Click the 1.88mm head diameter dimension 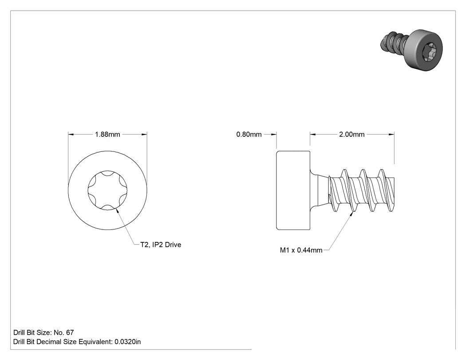107,135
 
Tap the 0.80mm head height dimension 249,135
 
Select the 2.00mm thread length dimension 352,135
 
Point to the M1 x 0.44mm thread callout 301,250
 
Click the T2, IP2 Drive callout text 161,245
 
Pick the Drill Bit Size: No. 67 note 43,332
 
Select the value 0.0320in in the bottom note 128,342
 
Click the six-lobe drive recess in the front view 107,190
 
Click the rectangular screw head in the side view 293,190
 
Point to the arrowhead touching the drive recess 117,210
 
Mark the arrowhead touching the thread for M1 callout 351,214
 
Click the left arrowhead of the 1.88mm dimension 71,135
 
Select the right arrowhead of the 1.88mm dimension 144,135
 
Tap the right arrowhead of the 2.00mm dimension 392,135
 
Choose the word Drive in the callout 173,245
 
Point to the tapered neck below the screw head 319,190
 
